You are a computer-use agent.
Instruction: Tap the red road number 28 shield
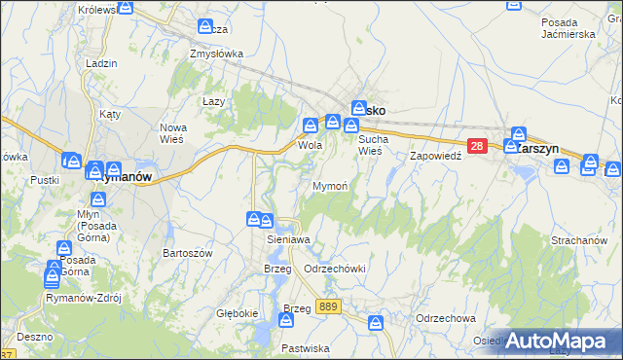pyautogui.click(x=476, y=146)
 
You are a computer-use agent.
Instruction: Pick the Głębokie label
pyautogui.click(x=237, y=313)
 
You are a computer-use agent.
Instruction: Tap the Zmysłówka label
pyautogui.click(x=216, y=54)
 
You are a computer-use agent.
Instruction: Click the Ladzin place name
pyautogui.click(x=101, y=63)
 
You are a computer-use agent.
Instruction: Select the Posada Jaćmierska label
pyautogui.click(x=568, y=27)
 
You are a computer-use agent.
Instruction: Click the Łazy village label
pyautogui.click(x=213, y=101)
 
